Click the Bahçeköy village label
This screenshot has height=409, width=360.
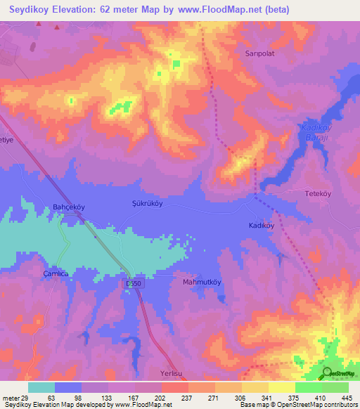[69, 207]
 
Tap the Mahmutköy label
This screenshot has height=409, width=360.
[202, 283]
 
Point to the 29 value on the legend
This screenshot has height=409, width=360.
[30, 397]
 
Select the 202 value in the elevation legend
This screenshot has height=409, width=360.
[160, 397]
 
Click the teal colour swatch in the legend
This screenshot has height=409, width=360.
[41, 387]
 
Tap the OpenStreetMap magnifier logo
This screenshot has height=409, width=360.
[327, 372]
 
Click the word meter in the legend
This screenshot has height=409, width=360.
[12, 397]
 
